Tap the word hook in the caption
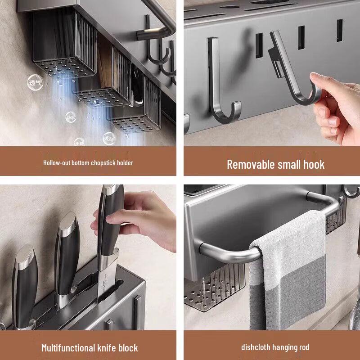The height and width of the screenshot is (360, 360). click(x=314, y=164)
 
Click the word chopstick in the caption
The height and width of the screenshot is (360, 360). click(x=105, y=163)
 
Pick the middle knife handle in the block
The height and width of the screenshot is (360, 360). click(x=67, y=252)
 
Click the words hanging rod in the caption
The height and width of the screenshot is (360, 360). click(x=292, y=347)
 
